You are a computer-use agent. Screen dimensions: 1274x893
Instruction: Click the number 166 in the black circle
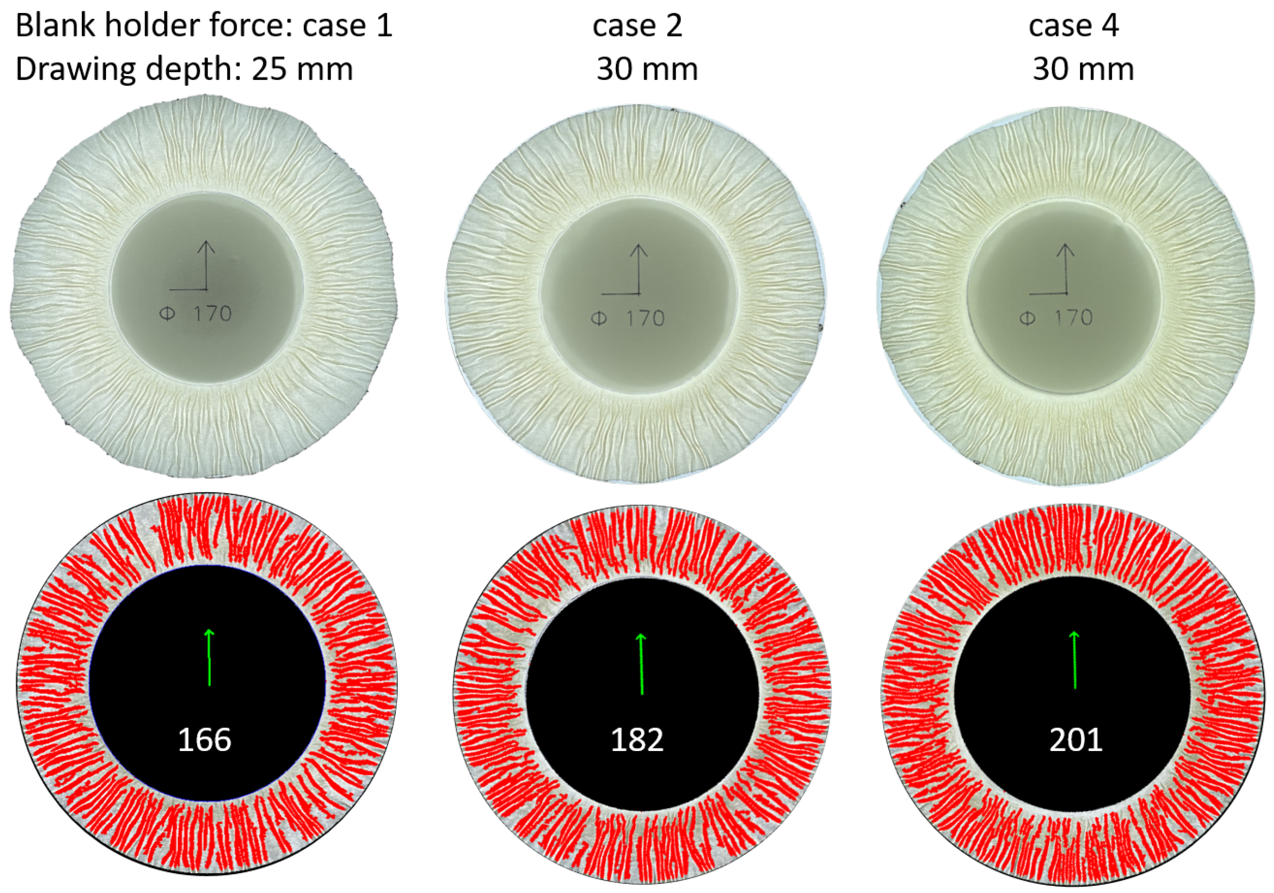[x=204, y=740]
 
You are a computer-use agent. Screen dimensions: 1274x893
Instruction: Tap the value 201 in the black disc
[x=1075, y=740]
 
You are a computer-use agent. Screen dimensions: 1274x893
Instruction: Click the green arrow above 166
[x=209, y=657]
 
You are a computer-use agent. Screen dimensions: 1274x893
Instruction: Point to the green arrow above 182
[x=641, y=663]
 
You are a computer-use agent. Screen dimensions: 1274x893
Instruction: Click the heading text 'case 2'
[x=637, y=26]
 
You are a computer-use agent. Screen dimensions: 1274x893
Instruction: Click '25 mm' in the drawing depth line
[x=302, y=69]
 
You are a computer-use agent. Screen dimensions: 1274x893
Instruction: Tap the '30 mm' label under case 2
[x=647, y=69]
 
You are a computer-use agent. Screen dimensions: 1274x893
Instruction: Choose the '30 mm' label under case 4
[x=1083, y=69]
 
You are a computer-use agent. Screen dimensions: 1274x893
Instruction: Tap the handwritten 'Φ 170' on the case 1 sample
[x=195, y=314]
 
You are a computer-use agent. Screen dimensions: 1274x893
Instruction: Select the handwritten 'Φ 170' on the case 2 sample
[x=628, y=318]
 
